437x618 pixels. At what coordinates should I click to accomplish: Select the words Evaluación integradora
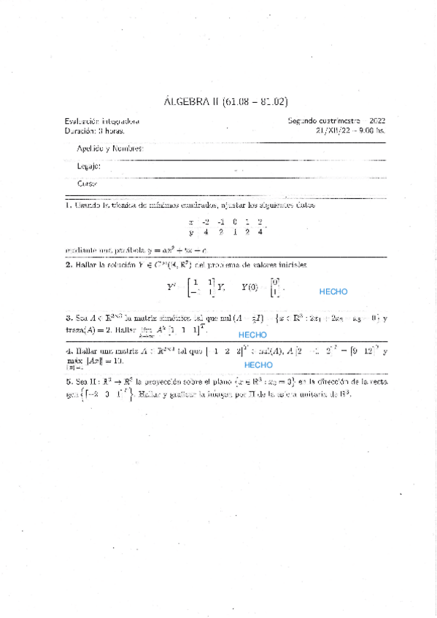click(x=102, y=122)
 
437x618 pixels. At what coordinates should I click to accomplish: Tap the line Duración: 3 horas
click(x=94, y=131)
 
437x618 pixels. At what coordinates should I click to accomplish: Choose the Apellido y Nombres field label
click(x=110, y=149)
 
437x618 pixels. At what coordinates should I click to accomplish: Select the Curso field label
click(x=87, y=184)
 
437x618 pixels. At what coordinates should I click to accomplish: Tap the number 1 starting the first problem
click(x=67, y=206)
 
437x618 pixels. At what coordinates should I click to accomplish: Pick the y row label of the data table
click(x=191, y=233)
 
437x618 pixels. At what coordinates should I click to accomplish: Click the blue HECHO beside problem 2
click(x=333, y=292)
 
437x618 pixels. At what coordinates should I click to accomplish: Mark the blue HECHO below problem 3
click(x=252, y=335)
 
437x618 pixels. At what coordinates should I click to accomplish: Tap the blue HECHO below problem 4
click(x=258, y=364)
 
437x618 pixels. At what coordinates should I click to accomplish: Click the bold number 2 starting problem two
click(x=67, y=265)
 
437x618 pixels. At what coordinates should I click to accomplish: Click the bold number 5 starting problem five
click(x=67, y=380)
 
